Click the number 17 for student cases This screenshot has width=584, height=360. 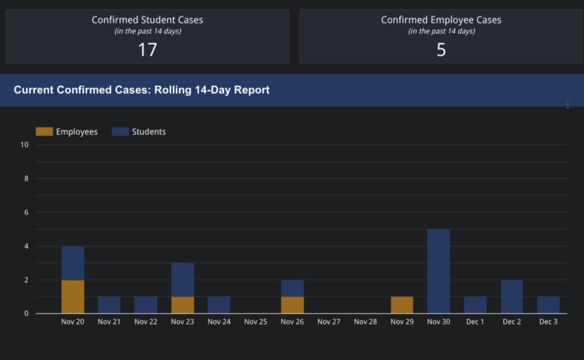(x=147, y=50)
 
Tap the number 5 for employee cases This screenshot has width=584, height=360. (x=441, y=50)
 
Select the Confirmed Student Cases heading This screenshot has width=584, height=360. (x=147, y=20)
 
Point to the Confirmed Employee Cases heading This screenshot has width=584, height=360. (x=441, y=20)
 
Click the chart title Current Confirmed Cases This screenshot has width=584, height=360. (x=142, y=90)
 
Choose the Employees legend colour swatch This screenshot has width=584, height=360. (x=44, y=131)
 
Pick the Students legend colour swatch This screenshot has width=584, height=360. (x=120, y=131)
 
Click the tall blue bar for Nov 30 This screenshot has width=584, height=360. (x=438, y=271)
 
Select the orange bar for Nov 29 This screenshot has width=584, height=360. (x=402, y=305)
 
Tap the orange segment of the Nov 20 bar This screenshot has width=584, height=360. (x=73, y=296)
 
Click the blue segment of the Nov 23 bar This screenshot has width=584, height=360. (x=183, y=279)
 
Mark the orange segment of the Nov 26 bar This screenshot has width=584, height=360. (x=293, y=305)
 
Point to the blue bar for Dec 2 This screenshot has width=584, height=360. (x=512, y=296)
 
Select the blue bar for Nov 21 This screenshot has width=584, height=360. (x=109, y=305)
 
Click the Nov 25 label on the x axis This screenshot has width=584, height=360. (x=256, y=321)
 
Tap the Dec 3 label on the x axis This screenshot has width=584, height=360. (x=548, y=321)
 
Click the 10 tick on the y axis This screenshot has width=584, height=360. (x=24, y=145)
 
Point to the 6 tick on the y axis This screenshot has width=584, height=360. (x=26, y=212)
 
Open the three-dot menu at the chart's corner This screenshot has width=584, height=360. (x=568, y=105)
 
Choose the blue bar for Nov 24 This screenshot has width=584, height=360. (x=219, y=305)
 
